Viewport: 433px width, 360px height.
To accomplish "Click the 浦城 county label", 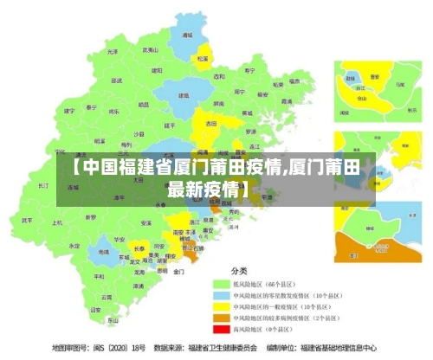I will (x=187, y=36).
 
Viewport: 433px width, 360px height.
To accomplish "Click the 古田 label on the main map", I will (x=210, y=124).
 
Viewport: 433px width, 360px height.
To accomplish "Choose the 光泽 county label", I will (x=112, y=51).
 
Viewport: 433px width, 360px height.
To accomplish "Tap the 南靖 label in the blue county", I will (x=104, y=252).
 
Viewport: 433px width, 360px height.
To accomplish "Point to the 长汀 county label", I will (x=44, y=186).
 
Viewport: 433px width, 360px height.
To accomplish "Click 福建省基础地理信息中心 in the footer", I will (x=338, y=349).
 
